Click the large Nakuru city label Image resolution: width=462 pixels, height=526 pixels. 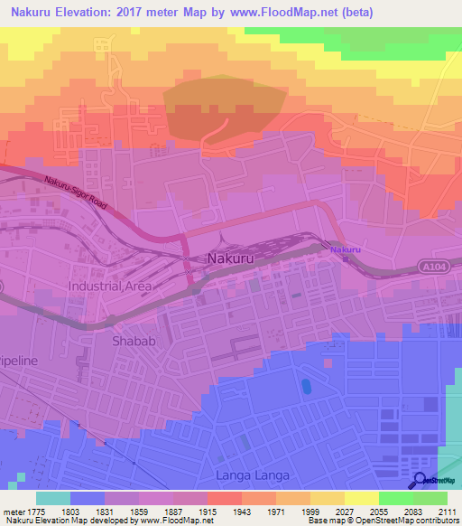pos(237,258)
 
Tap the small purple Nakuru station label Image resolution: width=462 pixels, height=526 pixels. pos(345,249)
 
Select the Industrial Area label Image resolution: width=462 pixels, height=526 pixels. pos(110,286)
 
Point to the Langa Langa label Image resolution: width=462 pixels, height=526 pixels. pos(245,475)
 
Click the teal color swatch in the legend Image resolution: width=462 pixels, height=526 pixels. pos(52,498)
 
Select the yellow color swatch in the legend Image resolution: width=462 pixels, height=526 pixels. pos(361,498)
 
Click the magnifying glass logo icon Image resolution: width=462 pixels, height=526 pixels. pos(419,480)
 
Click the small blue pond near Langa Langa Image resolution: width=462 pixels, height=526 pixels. pos(306,387)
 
